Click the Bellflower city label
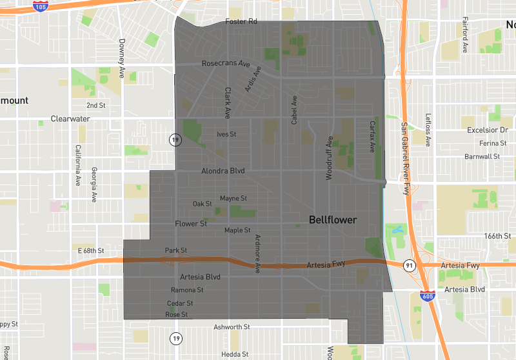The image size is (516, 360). pyautogui.click(x=332, y=220)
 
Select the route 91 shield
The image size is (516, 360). pyautogui.click(x=409, y=265)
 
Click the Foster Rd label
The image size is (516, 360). pyautogui.click(x=241, y=22)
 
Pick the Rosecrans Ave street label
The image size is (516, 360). pyautogui.click(x=226, y=64)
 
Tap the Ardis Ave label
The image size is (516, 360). pyautogui.click(x=253, y=79)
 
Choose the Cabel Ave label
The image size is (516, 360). pyautogui.click(x=295, y=110)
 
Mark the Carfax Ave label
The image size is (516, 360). pyautogui.click(x=372, y=136)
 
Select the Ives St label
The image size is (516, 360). pyautogui.click(x=226, y=134)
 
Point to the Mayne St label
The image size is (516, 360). pyautogui.click(x=233, y=198)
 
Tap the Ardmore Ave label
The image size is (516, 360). pyautogui.click(x=257, y=254)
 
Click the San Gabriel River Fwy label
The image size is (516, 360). pyautogui.click(x=406, y=158)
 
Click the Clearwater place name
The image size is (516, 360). pyautogui.click(x=70, y=119)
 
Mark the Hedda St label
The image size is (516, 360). pyautogui.click(x=235, y=354)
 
